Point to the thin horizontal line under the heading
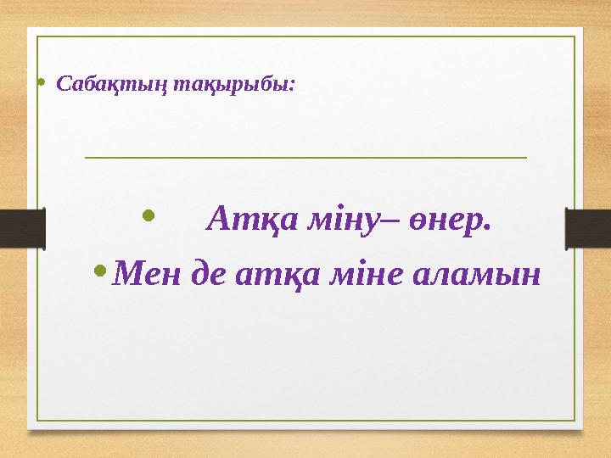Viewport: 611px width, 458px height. [x=305, y=157]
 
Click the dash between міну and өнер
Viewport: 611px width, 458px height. [x=379, y=222]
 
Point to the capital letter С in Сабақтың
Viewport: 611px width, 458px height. [x=62, y=85]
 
